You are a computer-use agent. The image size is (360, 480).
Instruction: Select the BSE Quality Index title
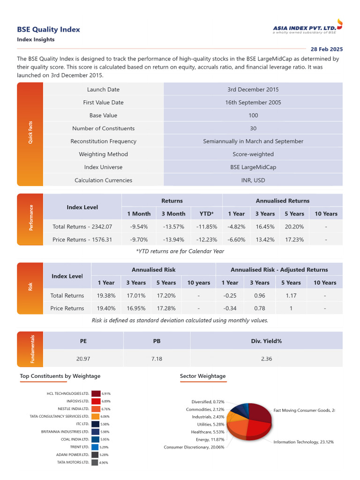coord(48,30)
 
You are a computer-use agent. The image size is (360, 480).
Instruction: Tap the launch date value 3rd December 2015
coord(253,90)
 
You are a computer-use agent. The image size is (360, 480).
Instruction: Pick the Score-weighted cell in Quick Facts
coord(253,154)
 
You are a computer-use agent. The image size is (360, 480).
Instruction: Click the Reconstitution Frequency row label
coord(103,141)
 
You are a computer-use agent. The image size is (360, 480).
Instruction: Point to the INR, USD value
coord(253,180)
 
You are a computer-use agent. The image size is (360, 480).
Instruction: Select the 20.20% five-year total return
coord(294,227)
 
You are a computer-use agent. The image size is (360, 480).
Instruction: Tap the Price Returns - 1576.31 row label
coord(82,240)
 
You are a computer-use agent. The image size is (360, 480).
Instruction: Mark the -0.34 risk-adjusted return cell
coord(230,308)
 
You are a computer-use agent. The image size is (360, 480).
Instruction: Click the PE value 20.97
coord(83,359)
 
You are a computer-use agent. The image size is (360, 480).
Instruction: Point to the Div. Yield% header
coord(266,341)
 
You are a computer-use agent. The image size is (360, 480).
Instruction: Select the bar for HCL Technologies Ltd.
coord(96,394)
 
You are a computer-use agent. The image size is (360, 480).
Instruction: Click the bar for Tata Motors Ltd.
coord(94,462)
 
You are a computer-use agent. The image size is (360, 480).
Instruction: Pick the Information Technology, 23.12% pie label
coord(303,442)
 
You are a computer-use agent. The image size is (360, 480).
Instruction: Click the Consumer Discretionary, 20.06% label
coord(194,447)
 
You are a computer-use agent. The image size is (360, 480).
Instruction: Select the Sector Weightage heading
coord(202,376)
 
